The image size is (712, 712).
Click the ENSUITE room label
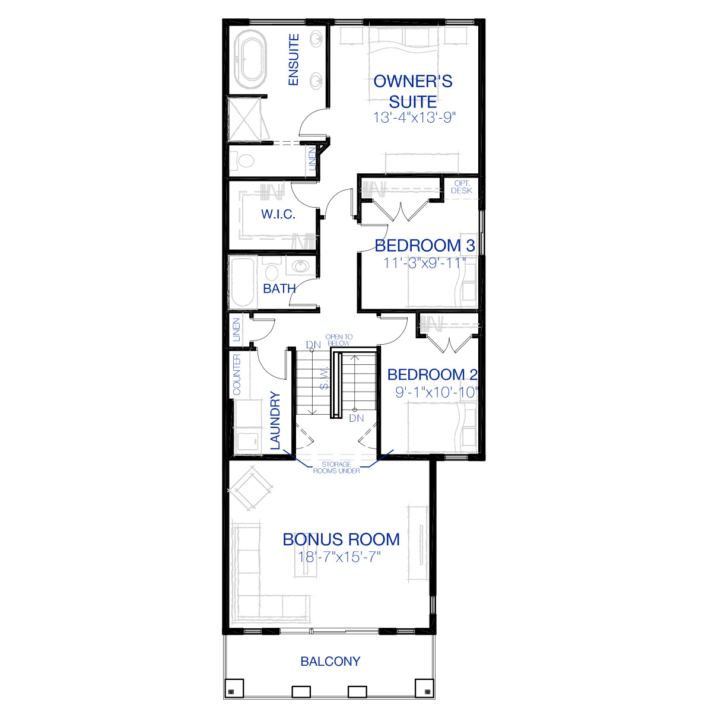(x=293, y=59)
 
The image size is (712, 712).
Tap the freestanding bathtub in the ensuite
(x=250, y=59)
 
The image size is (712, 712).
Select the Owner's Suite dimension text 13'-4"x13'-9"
(x=414, y=117)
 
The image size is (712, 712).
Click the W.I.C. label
(x=278, y=214)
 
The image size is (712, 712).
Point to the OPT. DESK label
(x=462, y=187)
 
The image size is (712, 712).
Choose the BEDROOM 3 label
(x=425, y=246)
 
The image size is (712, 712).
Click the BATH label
(x=279, y=288)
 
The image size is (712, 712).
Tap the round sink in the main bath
(x=301, y=266)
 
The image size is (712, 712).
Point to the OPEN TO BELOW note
(x=339, y=340)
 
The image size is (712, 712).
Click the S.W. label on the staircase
(x=324, y=378)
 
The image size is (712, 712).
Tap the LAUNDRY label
(x=275, y=421)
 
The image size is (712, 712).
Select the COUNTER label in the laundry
(x=237, y=374)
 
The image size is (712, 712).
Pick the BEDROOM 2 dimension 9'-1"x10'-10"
(x=437, y=392)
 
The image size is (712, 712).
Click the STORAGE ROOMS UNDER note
(x=336, y=468)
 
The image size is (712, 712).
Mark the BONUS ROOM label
(x=341, y=539)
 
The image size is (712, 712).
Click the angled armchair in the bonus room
(x=250, y=489)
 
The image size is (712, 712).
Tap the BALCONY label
(x=330, y=661)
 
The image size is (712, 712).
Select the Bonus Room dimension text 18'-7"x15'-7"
(x=339, y=557)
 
